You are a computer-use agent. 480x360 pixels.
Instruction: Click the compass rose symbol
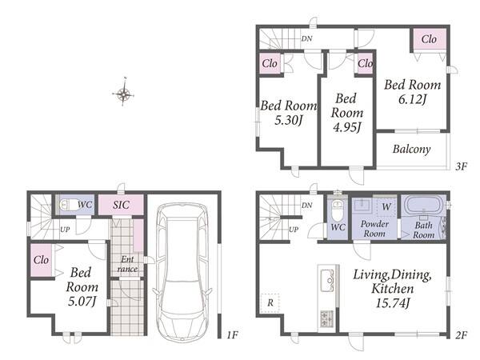[123, 94]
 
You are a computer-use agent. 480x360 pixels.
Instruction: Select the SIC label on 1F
[121, 205]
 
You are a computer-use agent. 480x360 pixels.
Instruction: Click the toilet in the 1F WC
[69, 205]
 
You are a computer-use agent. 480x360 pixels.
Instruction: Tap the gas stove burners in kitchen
[327, 318]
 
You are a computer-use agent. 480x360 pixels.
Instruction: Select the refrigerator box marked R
[270, 303]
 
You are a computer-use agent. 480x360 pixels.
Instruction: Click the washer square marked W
[386, 206]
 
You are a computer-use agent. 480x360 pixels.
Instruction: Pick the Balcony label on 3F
[411, 149]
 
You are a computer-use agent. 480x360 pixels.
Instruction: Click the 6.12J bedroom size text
[412, 99]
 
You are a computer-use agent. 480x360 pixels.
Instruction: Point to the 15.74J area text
[393, 303]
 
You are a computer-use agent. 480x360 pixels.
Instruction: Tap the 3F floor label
[461, 167]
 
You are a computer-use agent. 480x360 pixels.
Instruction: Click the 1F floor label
[232, 335]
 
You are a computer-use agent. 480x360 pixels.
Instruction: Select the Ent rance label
[127, 264]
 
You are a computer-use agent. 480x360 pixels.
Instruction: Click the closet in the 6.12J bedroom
[429, 39]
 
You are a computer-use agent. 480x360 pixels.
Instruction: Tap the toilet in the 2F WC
[337, 210]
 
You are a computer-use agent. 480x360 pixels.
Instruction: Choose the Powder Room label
[374, 229]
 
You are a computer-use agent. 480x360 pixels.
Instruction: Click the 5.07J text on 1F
[82, 302]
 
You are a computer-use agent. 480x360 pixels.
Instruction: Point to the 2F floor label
[461, 335]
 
